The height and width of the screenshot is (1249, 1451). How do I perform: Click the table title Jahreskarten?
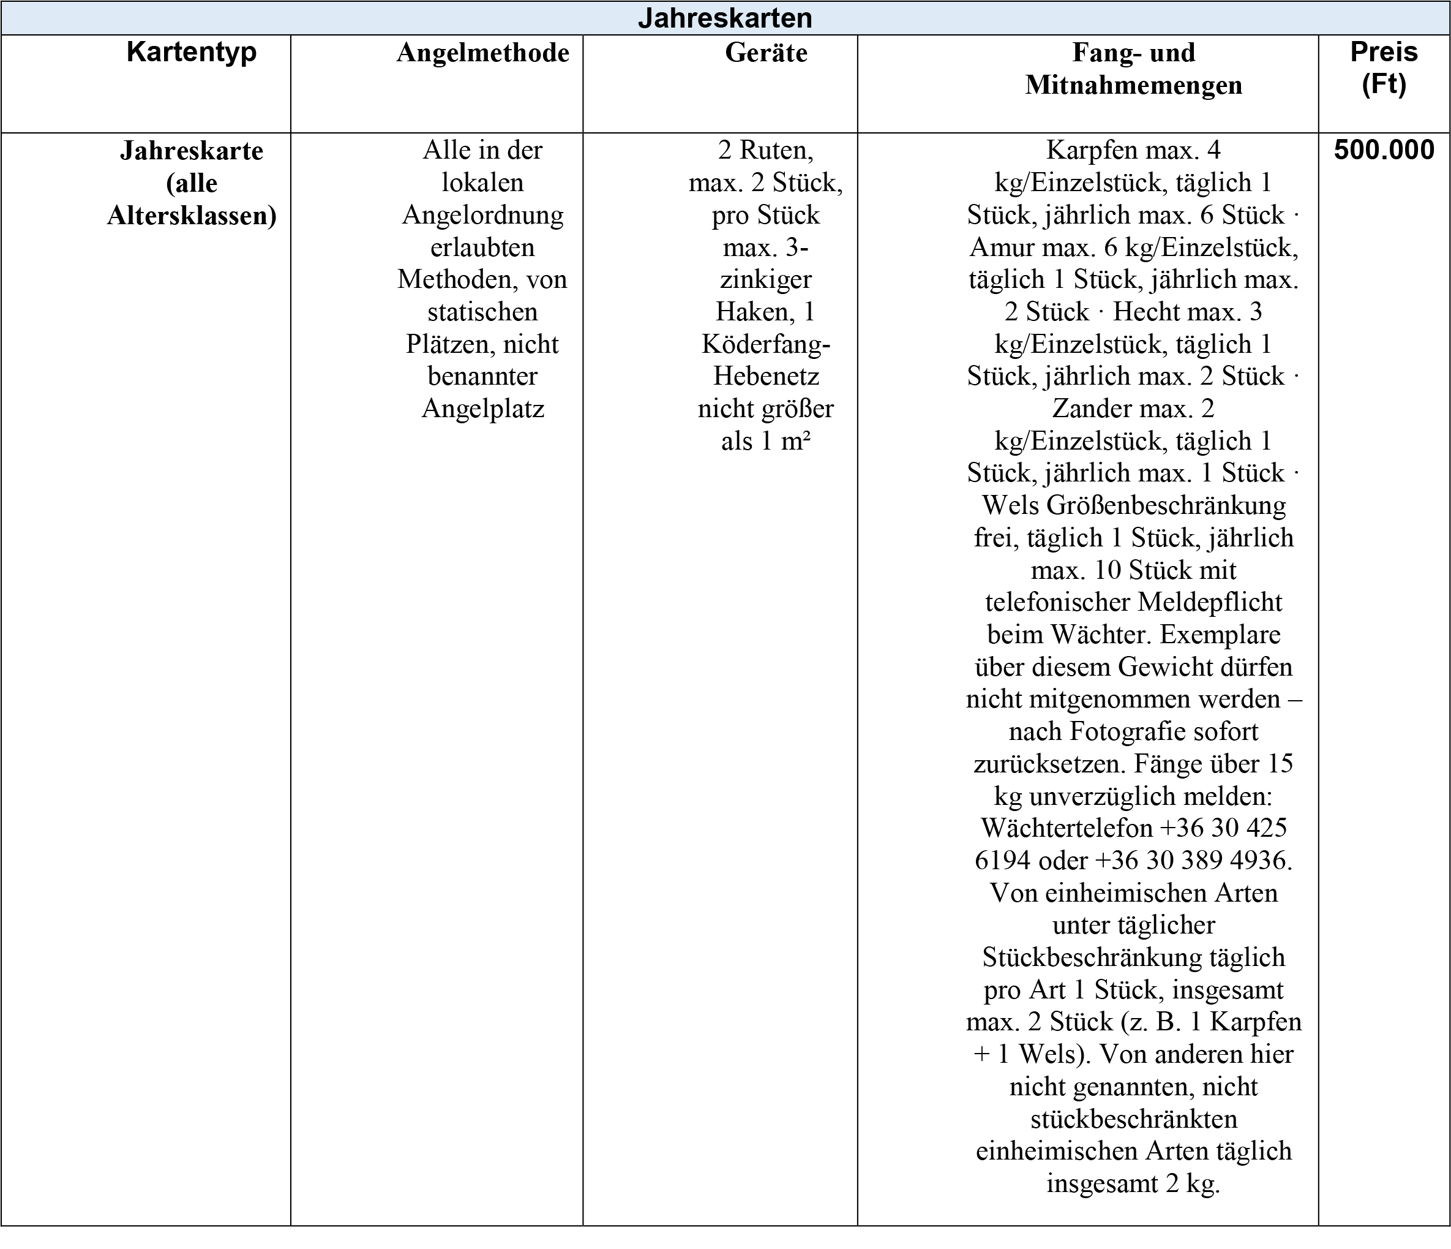click(x=725, y=18)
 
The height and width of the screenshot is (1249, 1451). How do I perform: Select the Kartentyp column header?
click(x=191, y=52)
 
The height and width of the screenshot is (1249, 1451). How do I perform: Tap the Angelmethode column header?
click(x=482, y=53)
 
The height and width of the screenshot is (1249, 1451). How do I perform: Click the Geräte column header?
click(x=766, y=53)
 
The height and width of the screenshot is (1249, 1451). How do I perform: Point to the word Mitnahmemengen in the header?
click(x=1133, y=85)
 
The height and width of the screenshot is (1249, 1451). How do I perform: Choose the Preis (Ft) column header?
click(x=1384, y=67)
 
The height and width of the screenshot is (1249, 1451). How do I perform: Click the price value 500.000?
click(x=1384, y=150)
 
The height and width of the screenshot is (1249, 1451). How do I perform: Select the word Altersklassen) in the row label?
click(x=191, y=215)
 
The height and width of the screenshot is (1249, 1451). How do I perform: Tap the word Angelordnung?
click(x=482, y=214)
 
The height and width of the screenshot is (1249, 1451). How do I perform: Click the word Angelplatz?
click(x=482, y=409)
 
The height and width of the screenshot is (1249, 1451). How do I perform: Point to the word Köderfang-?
click(x=766, y=344)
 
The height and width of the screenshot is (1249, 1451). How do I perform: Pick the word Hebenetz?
click(x=766, y=376)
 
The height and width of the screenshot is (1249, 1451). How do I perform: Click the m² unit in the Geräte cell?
click(x=795, y=441)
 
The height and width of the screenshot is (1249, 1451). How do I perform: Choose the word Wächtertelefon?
click(x=1067, y=828)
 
